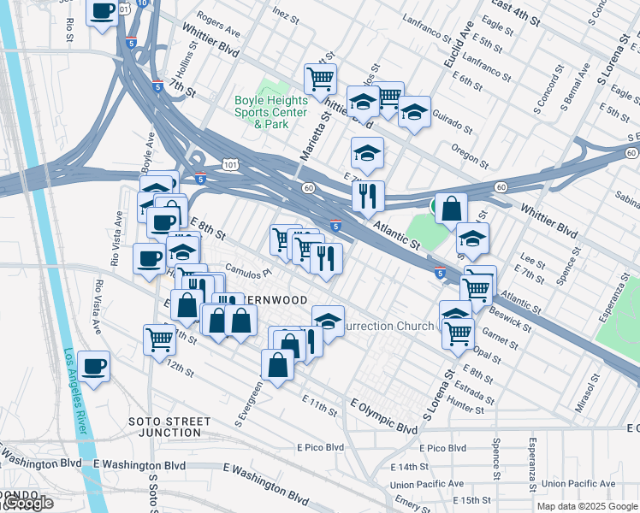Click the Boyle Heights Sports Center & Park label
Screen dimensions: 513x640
[271, 112]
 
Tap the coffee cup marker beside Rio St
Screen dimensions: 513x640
[103, 13]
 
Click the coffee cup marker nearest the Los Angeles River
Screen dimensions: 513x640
[93, 366]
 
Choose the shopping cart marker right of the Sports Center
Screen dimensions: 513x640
[320, 80]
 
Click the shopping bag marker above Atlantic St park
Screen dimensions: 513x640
[451, 208]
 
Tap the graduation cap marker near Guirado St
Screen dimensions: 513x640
[414, 112]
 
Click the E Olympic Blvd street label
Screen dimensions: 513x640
[384, 414]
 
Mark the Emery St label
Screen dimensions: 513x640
[413, 505]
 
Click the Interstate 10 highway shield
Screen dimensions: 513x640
[142, 4]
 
